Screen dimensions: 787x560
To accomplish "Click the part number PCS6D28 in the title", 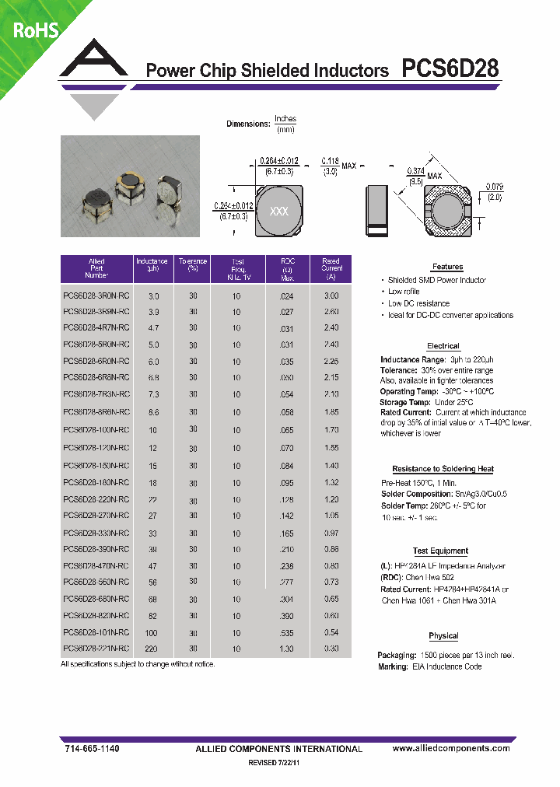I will (x=450, y=68).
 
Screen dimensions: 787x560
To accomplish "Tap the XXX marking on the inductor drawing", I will (x=278, y=212).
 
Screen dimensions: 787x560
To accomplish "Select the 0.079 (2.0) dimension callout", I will (x=493, y=191).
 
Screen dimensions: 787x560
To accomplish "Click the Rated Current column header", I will (x=331, y=268).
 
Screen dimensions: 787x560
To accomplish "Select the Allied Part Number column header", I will (x=96, y=268).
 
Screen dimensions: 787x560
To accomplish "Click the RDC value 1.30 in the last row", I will (x=287, y=649).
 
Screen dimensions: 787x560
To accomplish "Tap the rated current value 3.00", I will (x=331, y=296).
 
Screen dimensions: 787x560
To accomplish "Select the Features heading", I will (x=447, y=267).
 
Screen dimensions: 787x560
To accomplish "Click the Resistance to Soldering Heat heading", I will (x=443, y=469).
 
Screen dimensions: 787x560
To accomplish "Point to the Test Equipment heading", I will (x=440, y=551).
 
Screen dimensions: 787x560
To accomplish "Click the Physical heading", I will (x=443, y=635).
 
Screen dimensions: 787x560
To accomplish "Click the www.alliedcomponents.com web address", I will (x=451, y=748).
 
